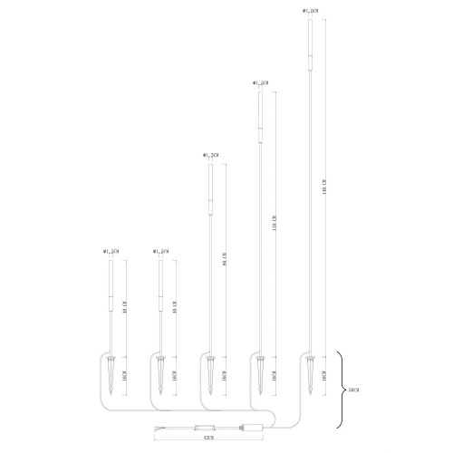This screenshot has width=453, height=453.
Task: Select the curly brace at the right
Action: pos(341,389)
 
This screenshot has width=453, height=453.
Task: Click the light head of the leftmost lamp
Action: pos(110,283)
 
